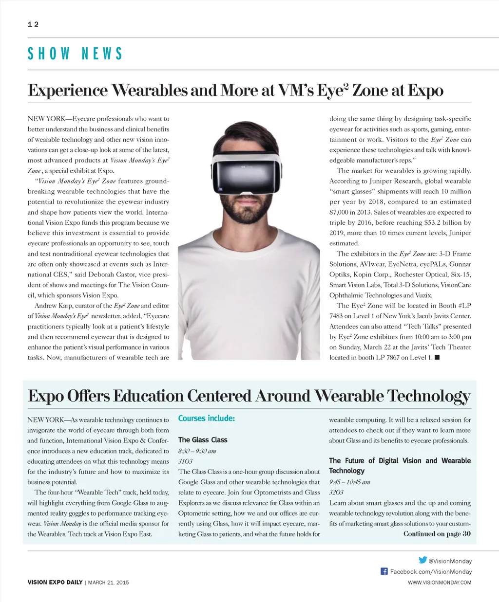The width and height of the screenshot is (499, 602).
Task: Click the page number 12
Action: (33, 24)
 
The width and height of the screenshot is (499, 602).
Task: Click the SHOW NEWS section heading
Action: (75, 54)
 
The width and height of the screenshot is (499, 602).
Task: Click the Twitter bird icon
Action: (422, 560)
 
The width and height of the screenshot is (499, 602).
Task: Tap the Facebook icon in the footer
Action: (384, 571)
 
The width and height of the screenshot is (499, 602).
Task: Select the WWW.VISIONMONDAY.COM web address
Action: (440, 583)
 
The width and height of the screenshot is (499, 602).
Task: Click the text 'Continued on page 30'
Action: (437, 534)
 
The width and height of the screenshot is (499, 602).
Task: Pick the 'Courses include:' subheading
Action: (207, 419)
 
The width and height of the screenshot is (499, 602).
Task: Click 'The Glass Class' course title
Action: (203, 440)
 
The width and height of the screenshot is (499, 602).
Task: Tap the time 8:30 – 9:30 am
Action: (197, 451)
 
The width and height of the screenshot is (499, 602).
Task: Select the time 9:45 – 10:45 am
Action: (349, 482)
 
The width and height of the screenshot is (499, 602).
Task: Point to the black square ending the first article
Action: (437, 358)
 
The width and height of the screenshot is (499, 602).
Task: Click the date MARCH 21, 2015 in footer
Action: (108, 583)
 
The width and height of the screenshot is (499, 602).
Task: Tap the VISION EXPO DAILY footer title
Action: (55, 583)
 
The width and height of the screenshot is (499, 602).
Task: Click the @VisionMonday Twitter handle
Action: (450, 561)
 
